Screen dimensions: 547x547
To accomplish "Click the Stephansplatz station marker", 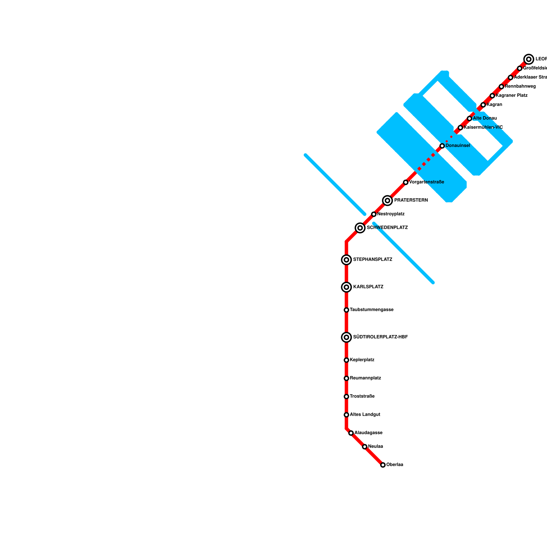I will point(346,260).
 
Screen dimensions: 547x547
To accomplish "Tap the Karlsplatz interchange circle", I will point(346,287).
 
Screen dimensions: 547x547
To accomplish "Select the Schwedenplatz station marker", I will point(360,228).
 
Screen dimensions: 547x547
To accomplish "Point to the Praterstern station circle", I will point(387,200).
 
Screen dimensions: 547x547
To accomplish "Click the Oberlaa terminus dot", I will point(383,465).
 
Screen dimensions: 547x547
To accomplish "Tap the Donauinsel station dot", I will point(442,146).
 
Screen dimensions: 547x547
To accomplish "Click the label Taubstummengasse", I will point(372,310).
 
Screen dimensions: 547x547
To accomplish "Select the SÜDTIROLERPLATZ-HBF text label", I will point(380,337).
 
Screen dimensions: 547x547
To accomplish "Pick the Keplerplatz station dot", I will point(346,360).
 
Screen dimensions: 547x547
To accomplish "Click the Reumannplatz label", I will point(365,378).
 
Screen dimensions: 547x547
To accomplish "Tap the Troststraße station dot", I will point(346,397).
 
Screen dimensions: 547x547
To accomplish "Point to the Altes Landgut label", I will point(365,415).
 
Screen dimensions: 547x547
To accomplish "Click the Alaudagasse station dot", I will point(351,433).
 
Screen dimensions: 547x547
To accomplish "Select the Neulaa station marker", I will point(365,447).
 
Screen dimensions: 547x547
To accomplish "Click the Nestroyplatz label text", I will point(391,214).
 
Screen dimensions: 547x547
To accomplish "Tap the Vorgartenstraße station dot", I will point(405,182).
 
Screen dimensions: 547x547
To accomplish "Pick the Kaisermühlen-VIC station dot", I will point(461,128).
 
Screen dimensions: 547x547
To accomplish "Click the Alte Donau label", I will point(485,118).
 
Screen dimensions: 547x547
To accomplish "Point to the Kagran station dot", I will point(483,105).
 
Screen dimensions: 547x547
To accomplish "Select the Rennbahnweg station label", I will point(520,86).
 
